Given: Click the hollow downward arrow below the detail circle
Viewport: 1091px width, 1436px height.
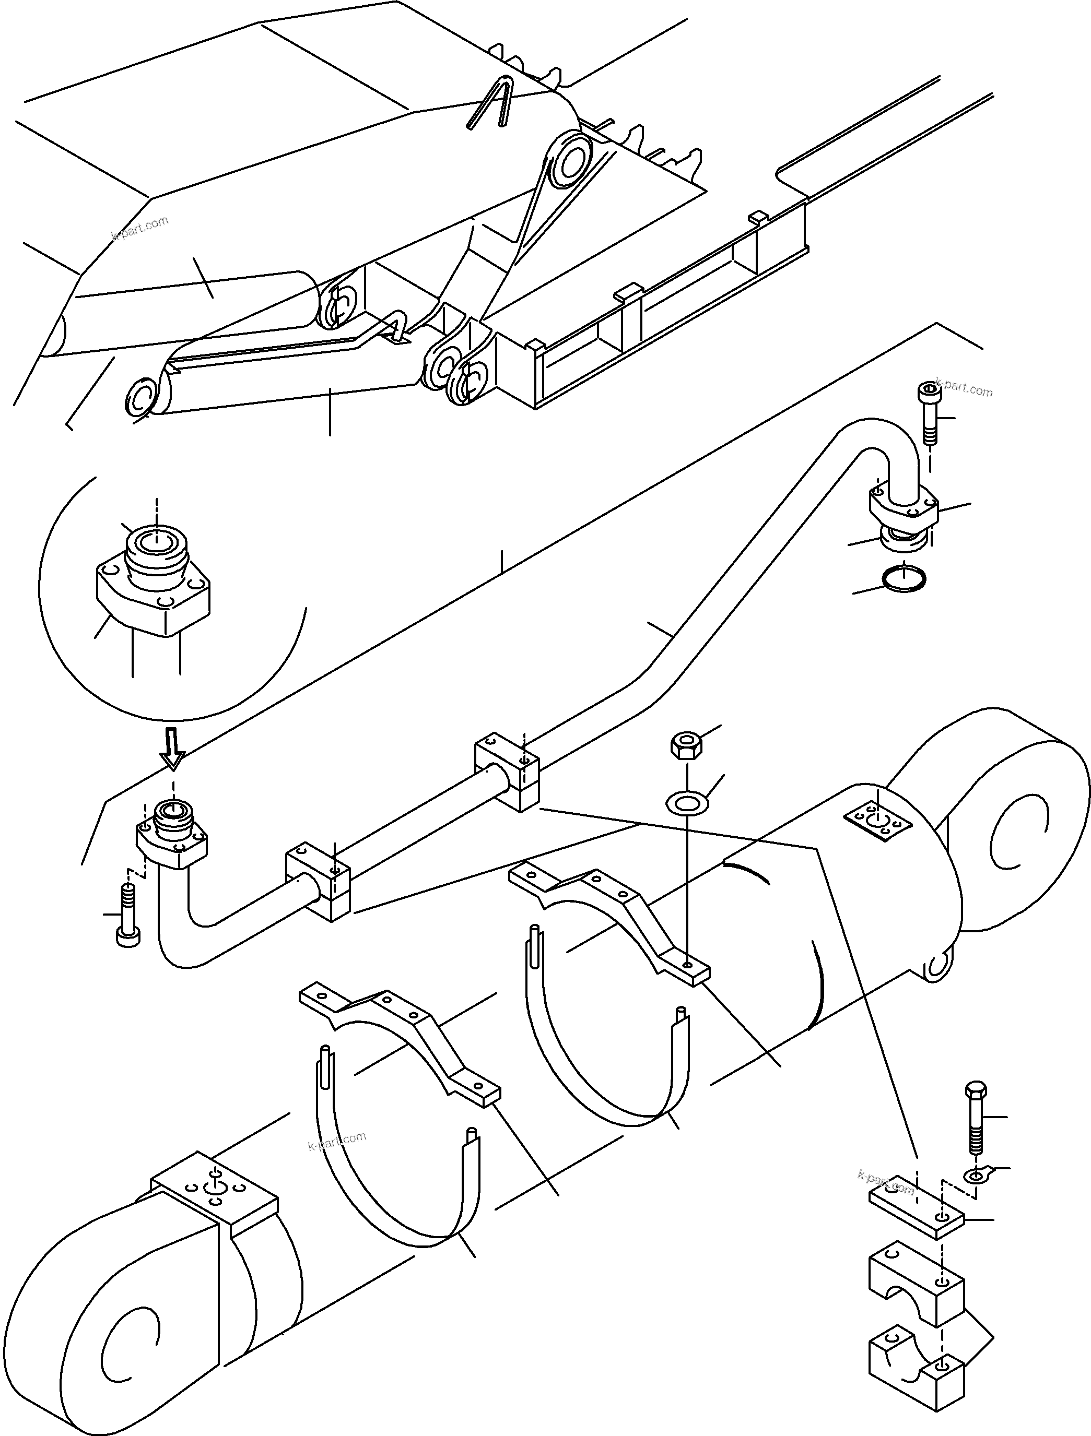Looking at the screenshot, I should pyautogui.click(x=173, y=749).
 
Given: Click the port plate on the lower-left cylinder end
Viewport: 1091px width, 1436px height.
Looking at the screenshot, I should pyautogui.click(x=214, y=1190).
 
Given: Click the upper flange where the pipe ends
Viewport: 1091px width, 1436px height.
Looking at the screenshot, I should pyautogui.click(x=904, y=506).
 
